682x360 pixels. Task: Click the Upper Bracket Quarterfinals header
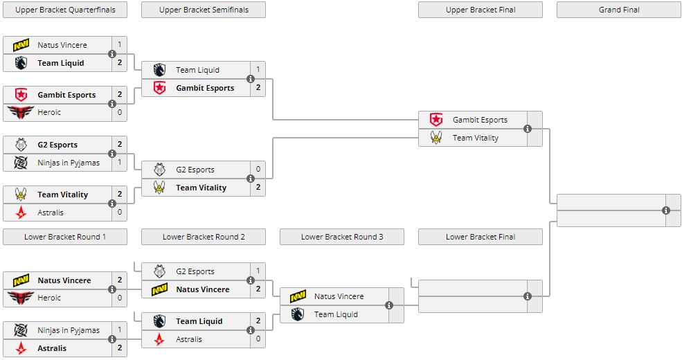point(65,10)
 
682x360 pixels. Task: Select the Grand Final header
point(619,10)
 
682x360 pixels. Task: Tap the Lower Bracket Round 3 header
point(342,237)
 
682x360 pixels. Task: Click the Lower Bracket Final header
point(481,237)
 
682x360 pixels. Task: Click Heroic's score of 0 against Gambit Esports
point(119,112)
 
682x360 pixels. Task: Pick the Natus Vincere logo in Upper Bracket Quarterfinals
point(20,45)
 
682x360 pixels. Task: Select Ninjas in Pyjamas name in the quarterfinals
point(69,163)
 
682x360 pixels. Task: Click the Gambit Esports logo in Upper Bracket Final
point(436,120)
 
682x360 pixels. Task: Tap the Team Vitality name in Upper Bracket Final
point(476,138)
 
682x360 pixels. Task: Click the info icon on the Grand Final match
point(666,210)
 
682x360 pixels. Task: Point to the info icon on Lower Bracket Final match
point(528,296)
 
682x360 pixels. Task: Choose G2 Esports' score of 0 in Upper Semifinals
point(258,170)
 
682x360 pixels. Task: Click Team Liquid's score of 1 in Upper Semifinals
point(258,70)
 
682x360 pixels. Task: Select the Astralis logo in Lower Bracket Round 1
point(20,348)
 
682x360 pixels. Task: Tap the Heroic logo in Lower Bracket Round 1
point(20,298)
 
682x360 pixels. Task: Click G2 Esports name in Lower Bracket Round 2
point(195,271)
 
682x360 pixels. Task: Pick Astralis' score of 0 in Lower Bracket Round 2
point(258,339)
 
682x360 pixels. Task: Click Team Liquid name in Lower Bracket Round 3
point(336,314)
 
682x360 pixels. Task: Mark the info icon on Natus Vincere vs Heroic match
point(112,289)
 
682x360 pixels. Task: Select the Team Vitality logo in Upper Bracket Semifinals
point(159,188)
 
